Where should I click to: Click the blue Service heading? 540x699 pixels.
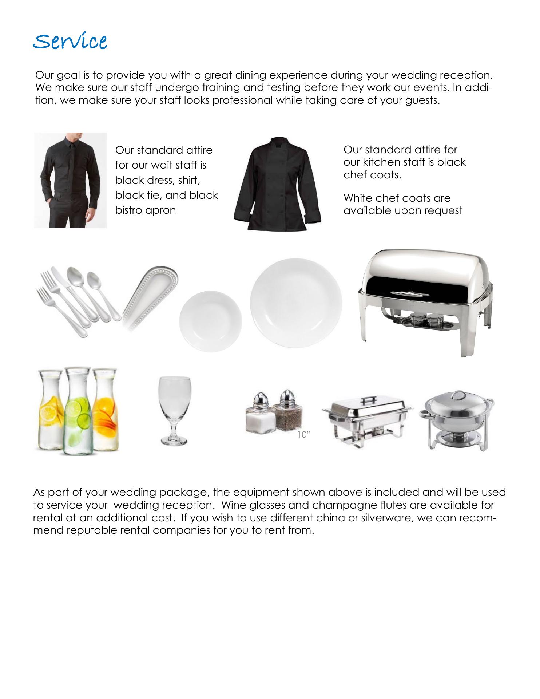coord(70,42)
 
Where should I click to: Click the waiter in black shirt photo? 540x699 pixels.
coord(70,180)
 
